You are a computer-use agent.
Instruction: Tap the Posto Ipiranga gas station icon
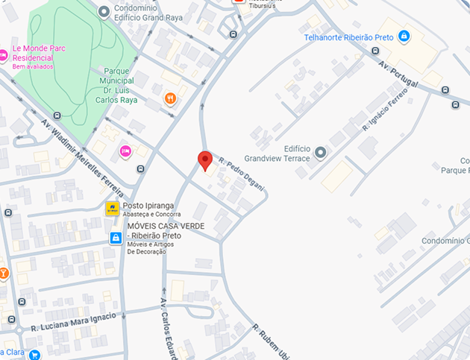click(113, 209)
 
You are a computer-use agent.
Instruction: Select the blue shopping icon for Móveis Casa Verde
click(116, 238)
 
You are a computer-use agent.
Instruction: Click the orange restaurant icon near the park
click(171, 98)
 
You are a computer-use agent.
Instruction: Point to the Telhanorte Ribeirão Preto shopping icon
click(404, 36)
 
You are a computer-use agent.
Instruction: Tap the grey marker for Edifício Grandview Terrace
click(321, 153)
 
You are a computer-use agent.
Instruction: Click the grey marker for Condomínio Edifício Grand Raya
click(104, 11)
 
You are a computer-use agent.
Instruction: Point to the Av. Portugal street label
click(398, 73)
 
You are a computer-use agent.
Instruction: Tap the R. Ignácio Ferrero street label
click(386, 109)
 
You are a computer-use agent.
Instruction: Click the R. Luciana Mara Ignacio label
click(73, 322)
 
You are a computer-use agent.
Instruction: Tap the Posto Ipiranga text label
click(149, 206)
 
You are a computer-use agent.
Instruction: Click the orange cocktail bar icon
click(3, 274)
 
